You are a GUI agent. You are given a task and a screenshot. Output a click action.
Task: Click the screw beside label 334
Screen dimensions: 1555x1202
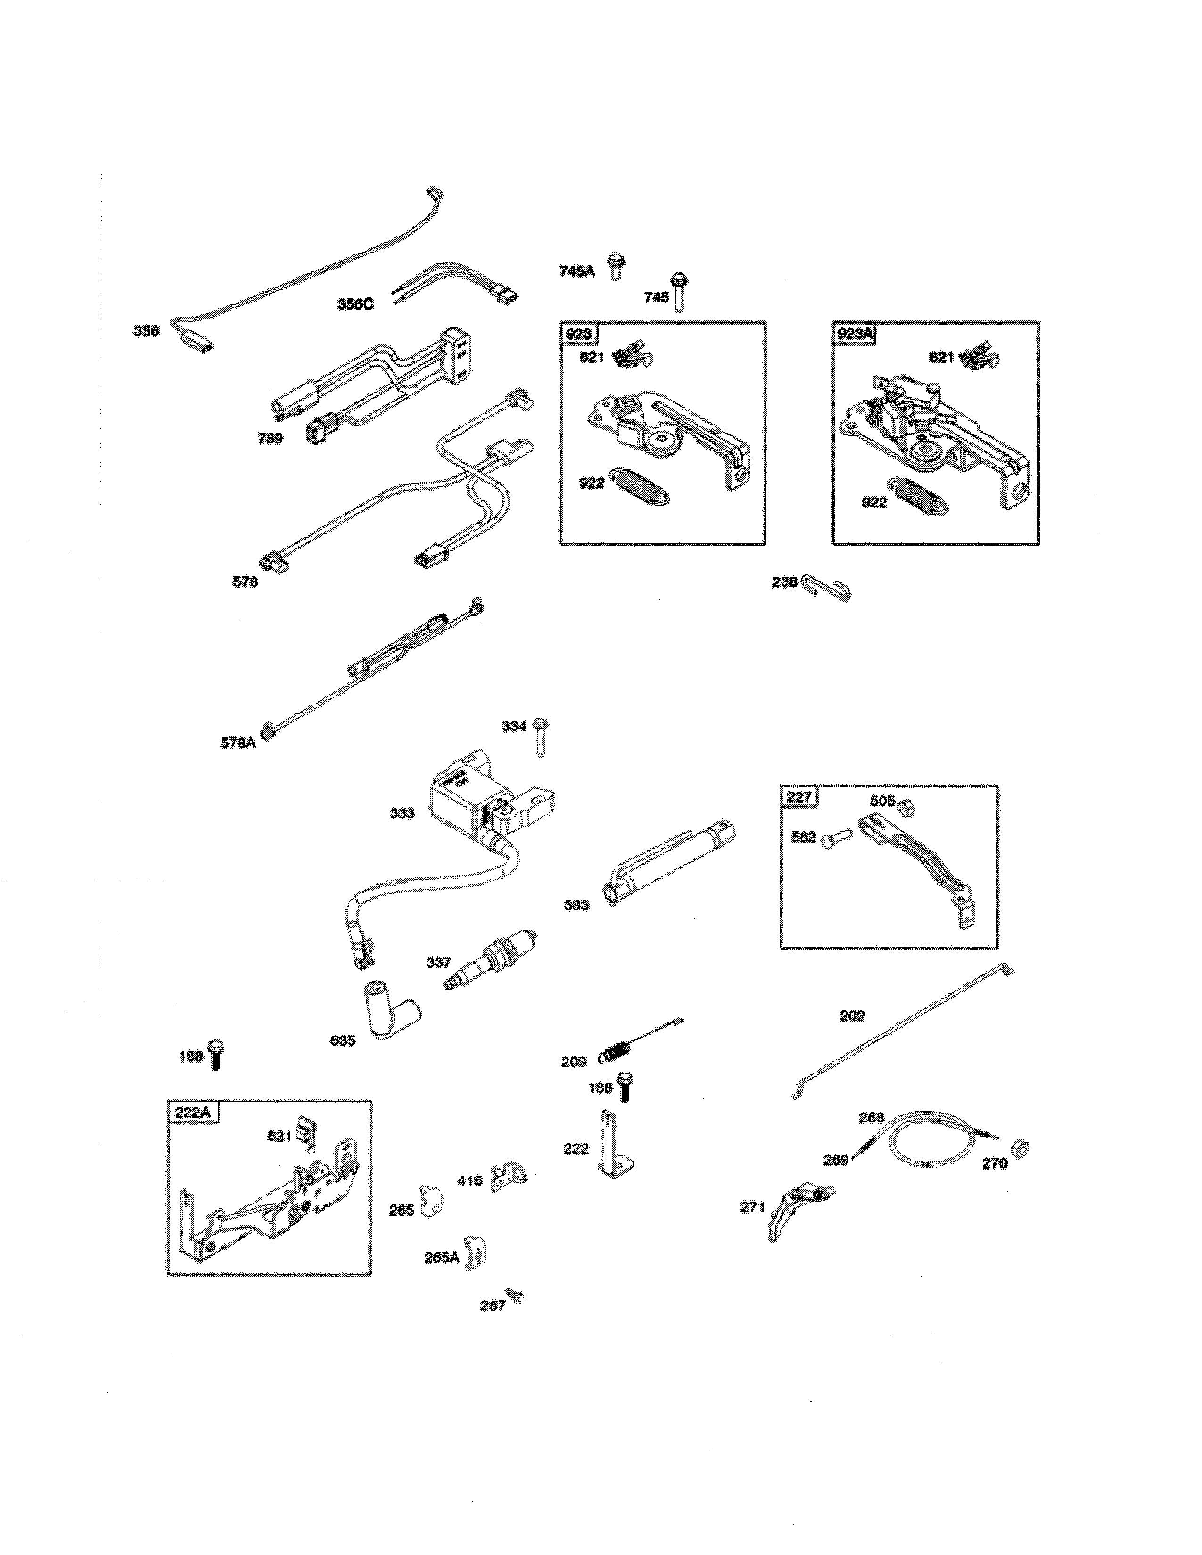[541, 736]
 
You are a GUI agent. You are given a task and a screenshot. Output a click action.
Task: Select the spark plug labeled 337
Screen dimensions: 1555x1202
[489, 958]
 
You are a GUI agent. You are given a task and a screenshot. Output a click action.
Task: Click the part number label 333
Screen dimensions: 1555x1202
[403, 813]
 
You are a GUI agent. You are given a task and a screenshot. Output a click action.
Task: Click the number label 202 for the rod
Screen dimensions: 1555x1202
[852, 1016]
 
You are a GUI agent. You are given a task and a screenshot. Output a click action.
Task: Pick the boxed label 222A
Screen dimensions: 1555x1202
[193, 1112]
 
